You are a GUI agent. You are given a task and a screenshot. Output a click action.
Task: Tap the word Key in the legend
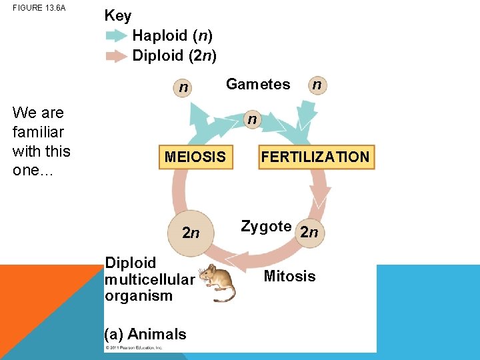118,16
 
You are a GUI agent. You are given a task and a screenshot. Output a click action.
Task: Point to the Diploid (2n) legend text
174,55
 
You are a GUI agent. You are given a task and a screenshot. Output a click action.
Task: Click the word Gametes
258,84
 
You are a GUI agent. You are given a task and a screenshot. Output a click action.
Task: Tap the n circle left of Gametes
183,87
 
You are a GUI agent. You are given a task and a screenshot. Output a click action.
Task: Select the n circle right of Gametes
318,85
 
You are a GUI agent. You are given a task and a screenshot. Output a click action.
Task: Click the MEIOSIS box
195,157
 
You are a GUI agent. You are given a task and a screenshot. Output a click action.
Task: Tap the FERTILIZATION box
316,157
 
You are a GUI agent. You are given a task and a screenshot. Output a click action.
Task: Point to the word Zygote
266,227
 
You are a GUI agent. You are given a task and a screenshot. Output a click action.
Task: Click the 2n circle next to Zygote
309,232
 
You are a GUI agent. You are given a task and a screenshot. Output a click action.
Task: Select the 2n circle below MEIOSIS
191,233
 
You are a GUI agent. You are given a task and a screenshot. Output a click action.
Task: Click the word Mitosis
289,276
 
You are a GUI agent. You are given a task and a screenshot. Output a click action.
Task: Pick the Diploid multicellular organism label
149,279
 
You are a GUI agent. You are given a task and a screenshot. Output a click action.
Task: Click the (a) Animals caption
145,334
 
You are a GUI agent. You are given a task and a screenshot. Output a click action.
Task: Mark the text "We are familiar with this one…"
41,141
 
